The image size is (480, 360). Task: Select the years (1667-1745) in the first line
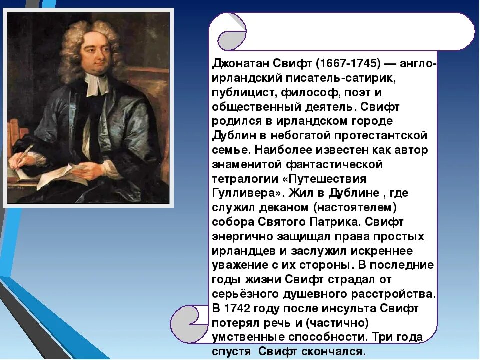[346, 64]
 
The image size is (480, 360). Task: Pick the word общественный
[255, 107]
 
